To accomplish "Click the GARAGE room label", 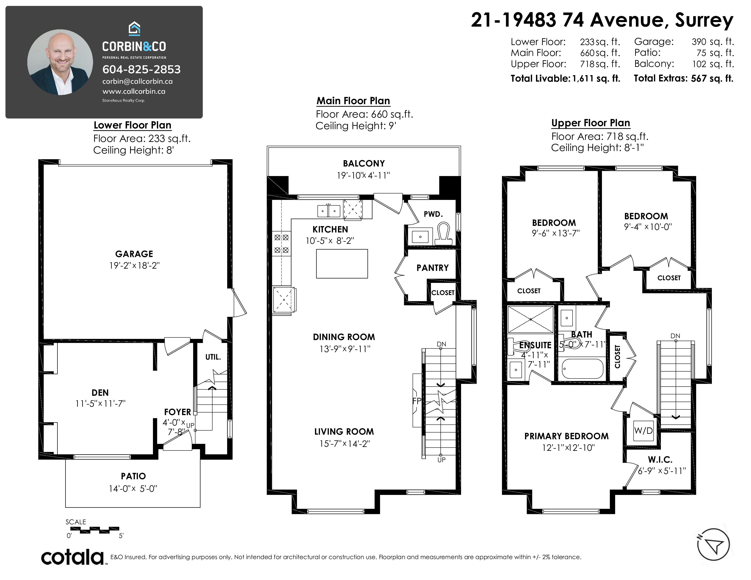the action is pyautogui.click(x=134, y=254).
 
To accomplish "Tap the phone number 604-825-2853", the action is pyautogui.click(x=141, y=69).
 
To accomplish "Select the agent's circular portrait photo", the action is pyautogui.click(x=60, y=62).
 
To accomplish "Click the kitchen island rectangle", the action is pyautogui.click(x=342, y=264).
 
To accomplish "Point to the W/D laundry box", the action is pyautogui.click(x=643, y=431).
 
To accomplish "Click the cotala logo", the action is pyautogui.click(x=73, y=557).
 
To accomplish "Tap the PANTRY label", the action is pyautogui.click(x=433, y=268).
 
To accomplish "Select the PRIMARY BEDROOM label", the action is pyautogui.click(x=566, y=436).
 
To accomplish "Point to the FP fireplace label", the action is pyautogui.click(x=417, y=401).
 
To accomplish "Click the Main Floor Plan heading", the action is pyautogui.click(x=353, y=101).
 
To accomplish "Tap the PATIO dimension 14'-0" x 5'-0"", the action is pyautogui.click(x=133, y=488).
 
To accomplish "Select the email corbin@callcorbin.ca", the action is pyautogui.click(x=137, y=81).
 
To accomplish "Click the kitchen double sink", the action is pyautogui.click(x=329, y=211).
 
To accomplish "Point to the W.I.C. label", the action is pyautogui.click(x=660, y=459).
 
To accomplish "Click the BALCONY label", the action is pyautogui.click(x=364, y=163).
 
